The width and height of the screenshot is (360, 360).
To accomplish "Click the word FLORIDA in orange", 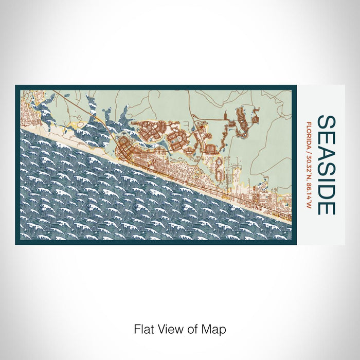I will tap(309, 133).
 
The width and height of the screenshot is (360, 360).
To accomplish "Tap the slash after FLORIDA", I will tap(309, 149).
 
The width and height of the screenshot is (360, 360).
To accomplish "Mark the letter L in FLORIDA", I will tap(309, 126).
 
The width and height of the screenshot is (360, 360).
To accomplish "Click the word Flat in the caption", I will tap(143, 329).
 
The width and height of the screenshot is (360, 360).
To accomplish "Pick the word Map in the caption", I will tap(214, 329).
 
